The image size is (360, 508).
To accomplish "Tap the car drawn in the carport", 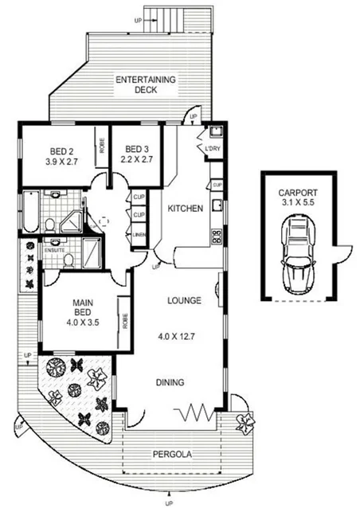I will click(x=297, y=254).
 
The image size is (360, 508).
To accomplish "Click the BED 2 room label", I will click(x=61, y=154).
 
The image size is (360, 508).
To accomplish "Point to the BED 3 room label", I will click(x=136, y=154).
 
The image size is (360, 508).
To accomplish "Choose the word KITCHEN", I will click(x=185, y=209).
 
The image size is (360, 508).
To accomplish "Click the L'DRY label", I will click(x=213, y=150).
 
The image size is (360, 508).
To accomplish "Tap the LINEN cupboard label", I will click(x=139, y=234).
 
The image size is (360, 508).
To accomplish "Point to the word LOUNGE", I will click(x=183, y=301).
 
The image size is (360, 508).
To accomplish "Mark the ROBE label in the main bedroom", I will click(x=126, y=321).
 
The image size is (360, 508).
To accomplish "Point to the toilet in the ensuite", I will click(x=68, y=260).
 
